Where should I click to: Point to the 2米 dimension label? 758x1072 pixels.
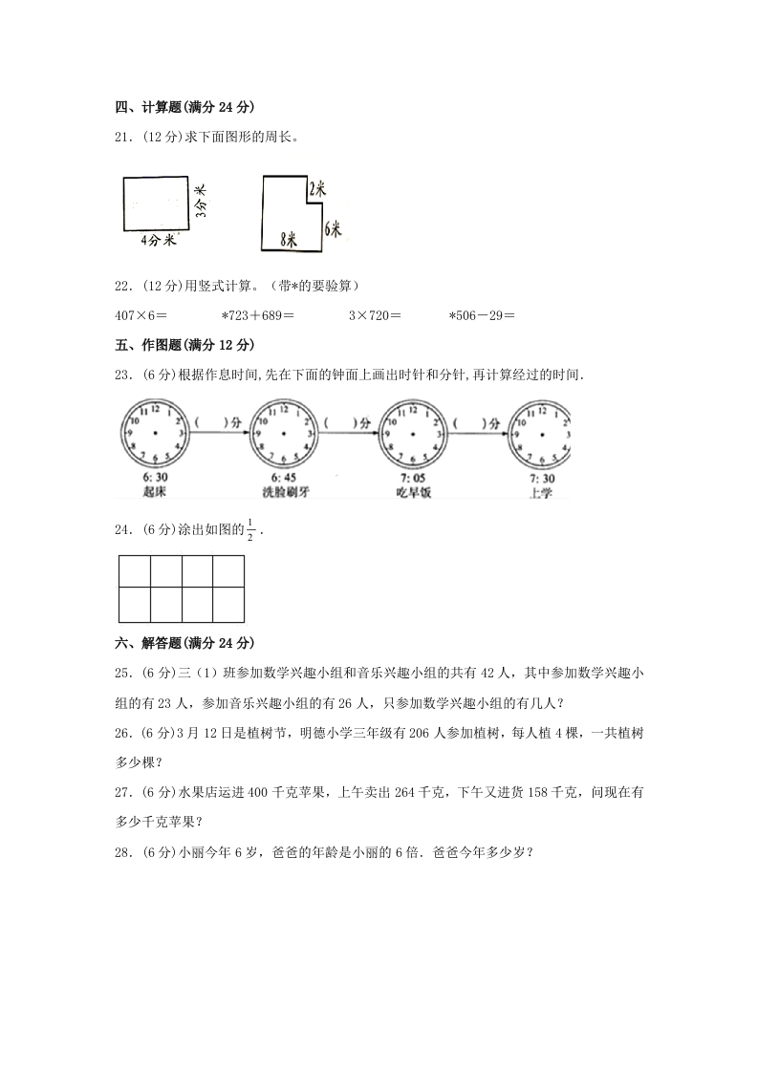tap(317, 189)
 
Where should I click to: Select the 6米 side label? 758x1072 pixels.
tap(333, 228)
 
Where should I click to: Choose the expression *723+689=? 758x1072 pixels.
tap(257, 314)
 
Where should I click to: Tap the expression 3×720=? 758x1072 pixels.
tap(375, 314)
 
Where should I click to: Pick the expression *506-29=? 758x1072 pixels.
tap(482, 314)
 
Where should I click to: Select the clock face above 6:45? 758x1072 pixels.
tap(284, 434)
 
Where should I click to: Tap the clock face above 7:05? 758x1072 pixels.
tap(413, 434)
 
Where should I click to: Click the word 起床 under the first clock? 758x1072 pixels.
tap(153, 491)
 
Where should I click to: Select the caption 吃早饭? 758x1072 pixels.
tap(413, 491)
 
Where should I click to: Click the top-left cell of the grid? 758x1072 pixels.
tap(135, 571)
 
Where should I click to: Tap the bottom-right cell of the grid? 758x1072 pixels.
tap(228, 604)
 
